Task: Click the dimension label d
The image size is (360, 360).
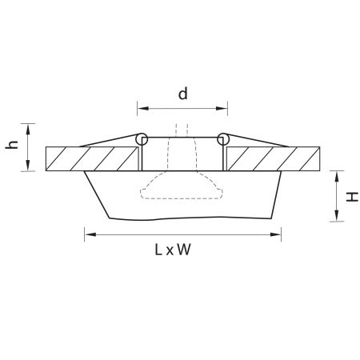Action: click(183, 94)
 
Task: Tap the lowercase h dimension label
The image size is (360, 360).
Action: click(12, 144)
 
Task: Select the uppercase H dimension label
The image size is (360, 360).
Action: click(352, 197)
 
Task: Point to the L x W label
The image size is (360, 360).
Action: click(173, 250)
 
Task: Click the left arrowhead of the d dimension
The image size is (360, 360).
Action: click(142, 108)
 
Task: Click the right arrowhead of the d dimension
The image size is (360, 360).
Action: click(222, 108)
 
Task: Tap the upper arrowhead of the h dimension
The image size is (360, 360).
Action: click(28, 129)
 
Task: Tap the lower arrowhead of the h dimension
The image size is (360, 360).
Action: click(28, 166)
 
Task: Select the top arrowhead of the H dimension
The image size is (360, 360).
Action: click(337, 176)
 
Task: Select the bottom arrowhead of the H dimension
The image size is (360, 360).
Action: click(337, 215)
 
